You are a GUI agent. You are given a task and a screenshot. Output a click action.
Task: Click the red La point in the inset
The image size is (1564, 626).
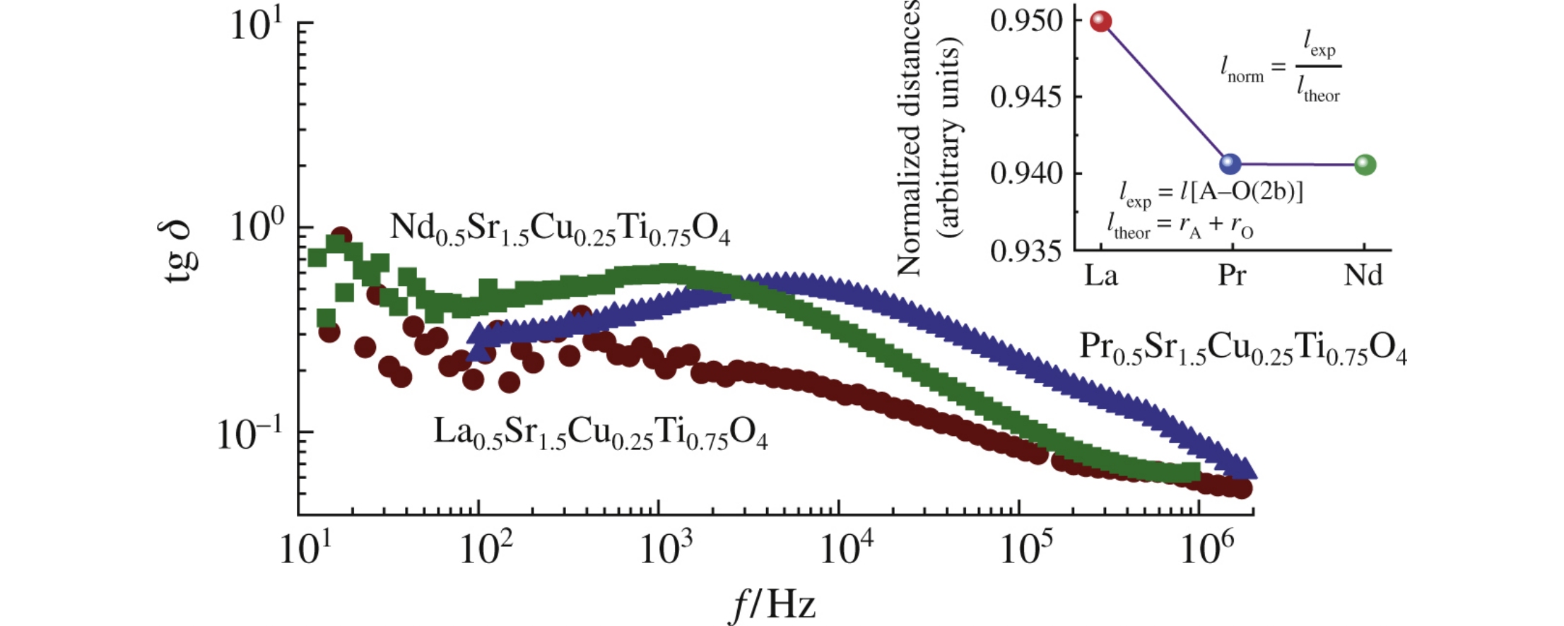[x=1101, y=21]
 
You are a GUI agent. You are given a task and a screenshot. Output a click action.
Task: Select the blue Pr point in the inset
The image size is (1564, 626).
[x=1230, y=164]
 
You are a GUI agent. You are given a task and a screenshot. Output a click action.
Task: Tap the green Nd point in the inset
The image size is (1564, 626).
[x=1365, y=165]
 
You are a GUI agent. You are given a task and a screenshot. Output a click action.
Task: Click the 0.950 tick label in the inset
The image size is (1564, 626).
[x=1027, y=21]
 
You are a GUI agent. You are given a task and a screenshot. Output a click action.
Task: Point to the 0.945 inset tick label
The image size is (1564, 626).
[x=1027, y=97]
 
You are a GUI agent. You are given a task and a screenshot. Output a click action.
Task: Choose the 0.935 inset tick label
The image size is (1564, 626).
[x=1027, y=251]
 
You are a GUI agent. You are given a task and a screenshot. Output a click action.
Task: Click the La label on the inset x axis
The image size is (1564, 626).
[x=1101, y=275]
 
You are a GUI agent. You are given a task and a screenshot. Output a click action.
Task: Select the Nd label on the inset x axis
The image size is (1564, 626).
[x=1363, y=275]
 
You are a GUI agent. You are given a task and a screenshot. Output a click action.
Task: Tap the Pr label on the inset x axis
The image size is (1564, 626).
[x=1232, y=275]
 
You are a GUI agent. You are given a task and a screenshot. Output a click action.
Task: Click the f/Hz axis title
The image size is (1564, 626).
[x=773, y=605]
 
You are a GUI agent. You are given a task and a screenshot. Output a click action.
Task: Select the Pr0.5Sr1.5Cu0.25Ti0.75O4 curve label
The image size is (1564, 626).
[x=1242, y=348]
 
